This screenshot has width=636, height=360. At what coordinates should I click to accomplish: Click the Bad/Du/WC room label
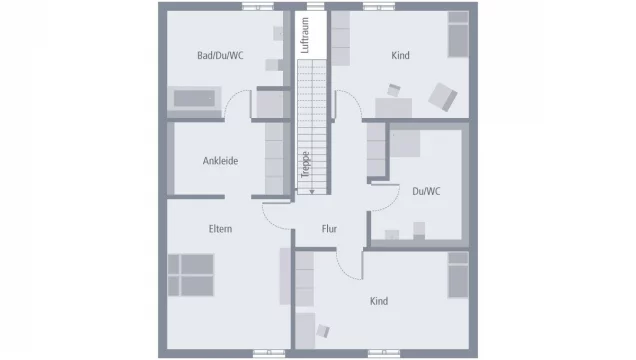220,56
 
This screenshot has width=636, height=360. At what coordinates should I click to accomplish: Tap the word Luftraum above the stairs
307,36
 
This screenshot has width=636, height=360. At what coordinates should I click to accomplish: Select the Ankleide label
220,161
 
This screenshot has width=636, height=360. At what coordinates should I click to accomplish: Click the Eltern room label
220,229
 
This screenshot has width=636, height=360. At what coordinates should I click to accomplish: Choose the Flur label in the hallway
329,229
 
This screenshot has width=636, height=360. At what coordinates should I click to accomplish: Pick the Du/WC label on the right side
426,191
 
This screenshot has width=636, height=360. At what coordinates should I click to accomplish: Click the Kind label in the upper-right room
400,56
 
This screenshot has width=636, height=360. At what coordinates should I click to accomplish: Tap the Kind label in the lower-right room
378,301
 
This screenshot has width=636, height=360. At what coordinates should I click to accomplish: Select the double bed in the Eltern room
190,275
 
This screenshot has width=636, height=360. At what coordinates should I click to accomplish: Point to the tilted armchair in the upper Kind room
442,96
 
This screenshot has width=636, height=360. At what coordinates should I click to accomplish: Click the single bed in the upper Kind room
456,40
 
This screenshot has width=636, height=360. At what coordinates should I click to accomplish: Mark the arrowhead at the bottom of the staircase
311,190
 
